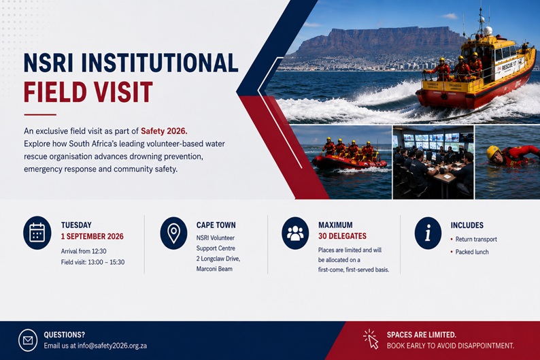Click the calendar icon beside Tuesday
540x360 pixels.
[x=37, y=233]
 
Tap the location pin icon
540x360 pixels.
[x=173, y=233]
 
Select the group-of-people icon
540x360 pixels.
[x=295, y=233]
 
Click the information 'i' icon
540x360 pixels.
[x=428, y=233]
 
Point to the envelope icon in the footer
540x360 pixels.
[x=28, y=340]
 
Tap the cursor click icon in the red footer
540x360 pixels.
[x=371, y=339]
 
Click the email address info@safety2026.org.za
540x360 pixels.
[x=112, y=346]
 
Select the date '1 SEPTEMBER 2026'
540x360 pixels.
[x=92, y=236]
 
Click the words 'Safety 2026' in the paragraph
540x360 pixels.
[x=164, y=131]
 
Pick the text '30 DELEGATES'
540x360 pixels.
[x=342, y=236]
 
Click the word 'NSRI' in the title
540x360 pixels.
[x=48, y=63]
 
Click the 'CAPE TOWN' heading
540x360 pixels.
[x=216, y=225]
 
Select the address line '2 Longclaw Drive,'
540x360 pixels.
[x=218, y=259]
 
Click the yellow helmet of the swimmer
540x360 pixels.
[x=493, y=152]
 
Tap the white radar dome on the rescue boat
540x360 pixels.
[x=488, y=31]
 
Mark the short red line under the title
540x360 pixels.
[x=40, y=114]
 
